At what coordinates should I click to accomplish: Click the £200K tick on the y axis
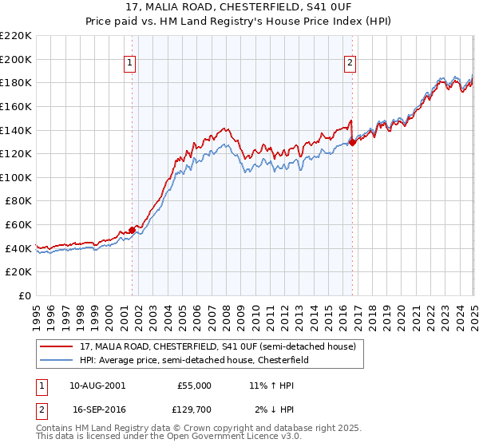(x=17, y=59)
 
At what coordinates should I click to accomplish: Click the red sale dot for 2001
(x=133, y=231)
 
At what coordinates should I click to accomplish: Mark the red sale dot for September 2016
(x=353, y=142)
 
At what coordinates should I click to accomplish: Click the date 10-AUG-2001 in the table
(x=97, y=386)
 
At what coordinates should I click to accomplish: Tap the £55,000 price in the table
(x=194, y=386)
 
